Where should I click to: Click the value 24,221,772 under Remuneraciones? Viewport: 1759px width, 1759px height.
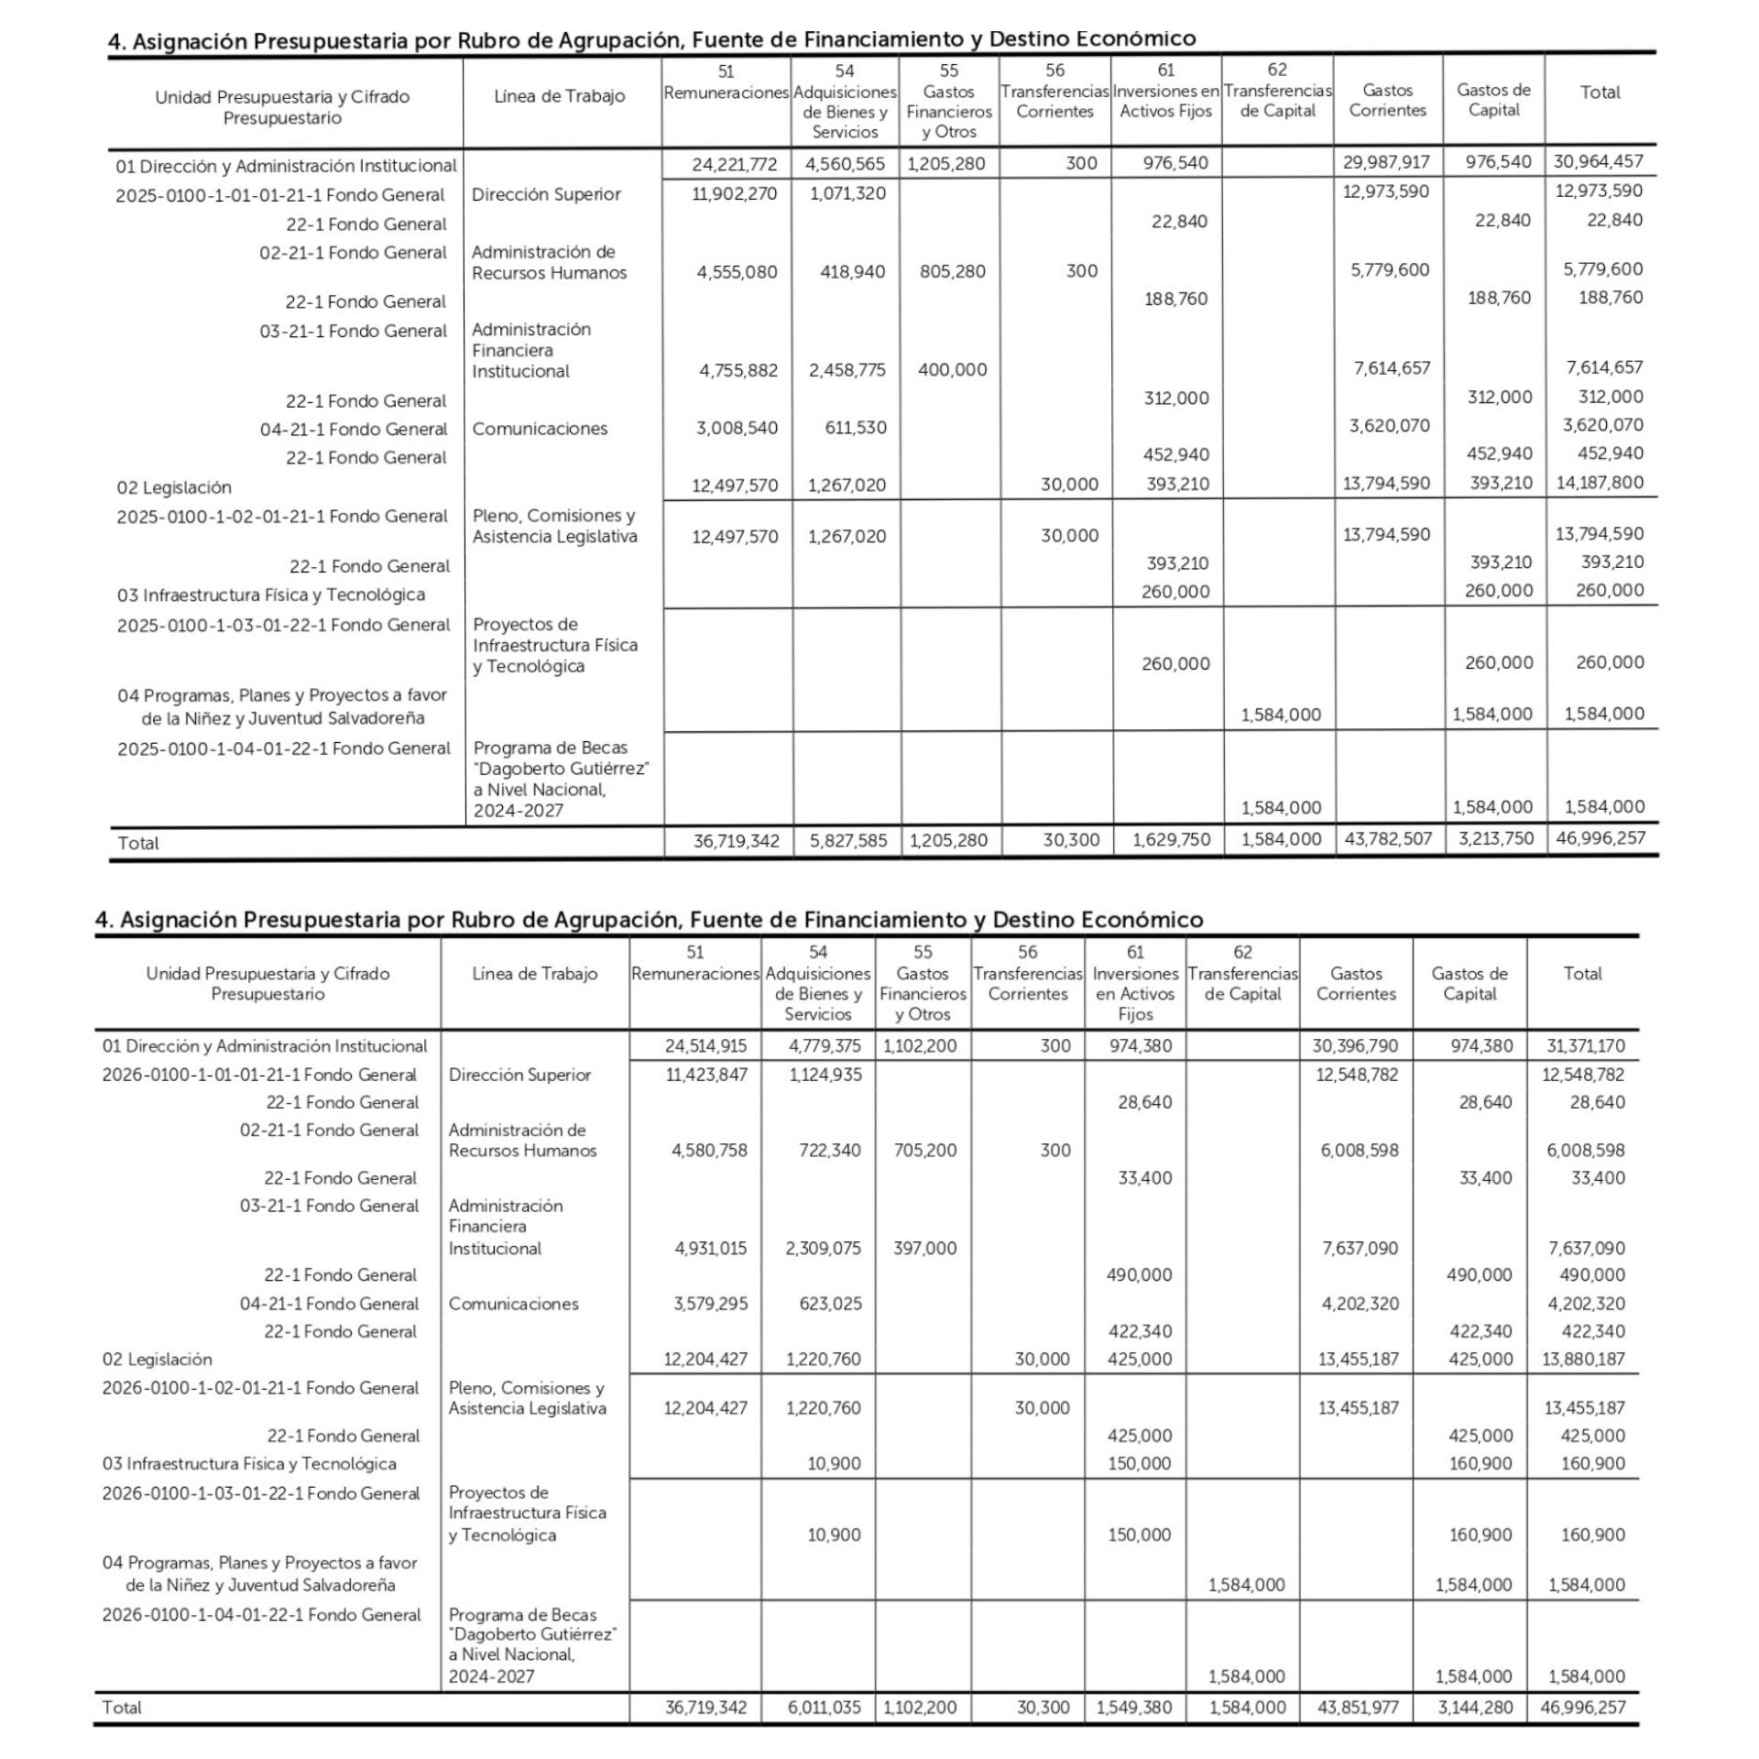click(x=734, y=164)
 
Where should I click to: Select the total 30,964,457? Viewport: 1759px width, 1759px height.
click(x=1599, y=162)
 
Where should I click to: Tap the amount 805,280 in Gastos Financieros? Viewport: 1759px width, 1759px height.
click(x=952, y=271)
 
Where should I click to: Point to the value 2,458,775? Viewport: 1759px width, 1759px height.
click(x=847, y=370)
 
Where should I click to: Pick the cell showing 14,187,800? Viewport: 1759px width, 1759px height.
click(x=1600, y=483)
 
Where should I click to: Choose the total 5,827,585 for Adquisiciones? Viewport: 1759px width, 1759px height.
click(x=847, y=840)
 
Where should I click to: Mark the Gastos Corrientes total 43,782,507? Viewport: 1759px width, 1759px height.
click(x=1387, y=839)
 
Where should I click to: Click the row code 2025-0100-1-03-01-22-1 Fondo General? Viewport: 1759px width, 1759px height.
click(x=283, y=626)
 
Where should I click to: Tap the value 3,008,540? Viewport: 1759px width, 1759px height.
click(x=737, y=427)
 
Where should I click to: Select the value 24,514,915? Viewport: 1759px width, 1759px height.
click(x=705, y=1046)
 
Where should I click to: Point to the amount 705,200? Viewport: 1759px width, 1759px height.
click(x=924, y=1150)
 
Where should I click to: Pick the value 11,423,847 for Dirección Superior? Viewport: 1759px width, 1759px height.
click(x=705, y=1075)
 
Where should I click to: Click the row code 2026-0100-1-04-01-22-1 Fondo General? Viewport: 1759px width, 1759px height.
click(x=261, y=1615)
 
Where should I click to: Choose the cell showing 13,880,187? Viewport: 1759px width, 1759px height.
click(x=1583, y=1360)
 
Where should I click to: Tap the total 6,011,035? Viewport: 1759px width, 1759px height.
click(x=823, y=1708)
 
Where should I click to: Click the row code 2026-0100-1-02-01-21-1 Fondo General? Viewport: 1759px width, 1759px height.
click(x=260, y=1388)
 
